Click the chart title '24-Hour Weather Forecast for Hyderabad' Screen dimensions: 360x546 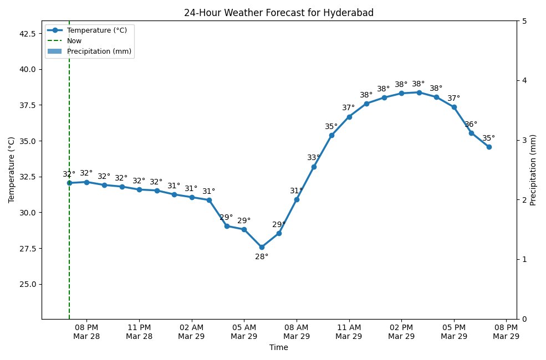(279, 13)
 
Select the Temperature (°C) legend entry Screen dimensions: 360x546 (96, 30)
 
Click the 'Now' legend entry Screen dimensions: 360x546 (74, 41)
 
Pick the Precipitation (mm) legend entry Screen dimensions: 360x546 (100, 52)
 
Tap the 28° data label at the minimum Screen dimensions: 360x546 (262, 257)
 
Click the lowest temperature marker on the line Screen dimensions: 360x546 (262, 247)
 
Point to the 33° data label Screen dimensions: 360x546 (314, 158)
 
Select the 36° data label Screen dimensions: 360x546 (471, 125)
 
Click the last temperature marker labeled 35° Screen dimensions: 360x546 (489, 147)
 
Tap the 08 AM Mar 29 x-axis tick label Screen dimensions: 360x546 (297, 332)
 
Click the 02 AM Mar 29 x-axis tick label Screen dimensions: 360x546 (192, 332)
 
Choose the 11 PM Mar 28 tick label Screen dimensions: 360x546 (139, 332)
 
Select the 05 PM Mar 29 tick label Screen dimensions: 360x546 (453, 332)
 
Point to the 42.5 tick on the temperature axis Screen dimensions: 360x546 (27, 34)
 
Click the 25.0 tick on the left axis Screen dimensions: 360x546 (27, 284)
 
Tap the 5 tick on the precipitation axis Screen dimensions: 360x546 (524, 21)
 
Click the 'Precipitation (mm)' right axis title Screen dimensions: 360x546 (533, 170)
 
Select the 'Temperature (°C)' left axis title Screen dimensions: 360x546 (12, 170)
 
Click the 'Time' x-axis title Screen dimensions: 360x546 (279, 348)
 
